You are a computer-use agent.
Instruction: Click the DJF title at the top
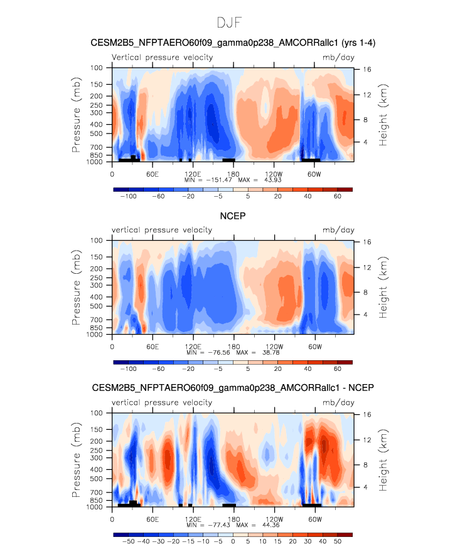pyautogui.click(x=230, y=23)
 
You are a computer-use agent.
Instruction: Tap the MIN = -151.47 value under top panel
pyautogui.click(x=209, y=179)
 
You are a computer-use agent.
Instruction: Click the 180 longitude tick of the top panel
pyautogui.click(x=233, y=173)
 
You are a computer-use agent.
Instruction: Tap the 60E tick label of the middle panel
pyautogui.click(x=152, y=346)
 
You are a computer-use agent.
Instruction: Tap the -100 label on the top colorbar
pyautogui.click(x=129, y=196)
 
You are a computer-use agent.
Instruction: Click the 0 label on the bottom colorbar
pyautogui.click(x=233, y=541)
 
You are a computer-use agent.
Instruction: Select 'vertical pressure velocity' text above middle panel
pyautogui.click(x=162, y=230)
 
